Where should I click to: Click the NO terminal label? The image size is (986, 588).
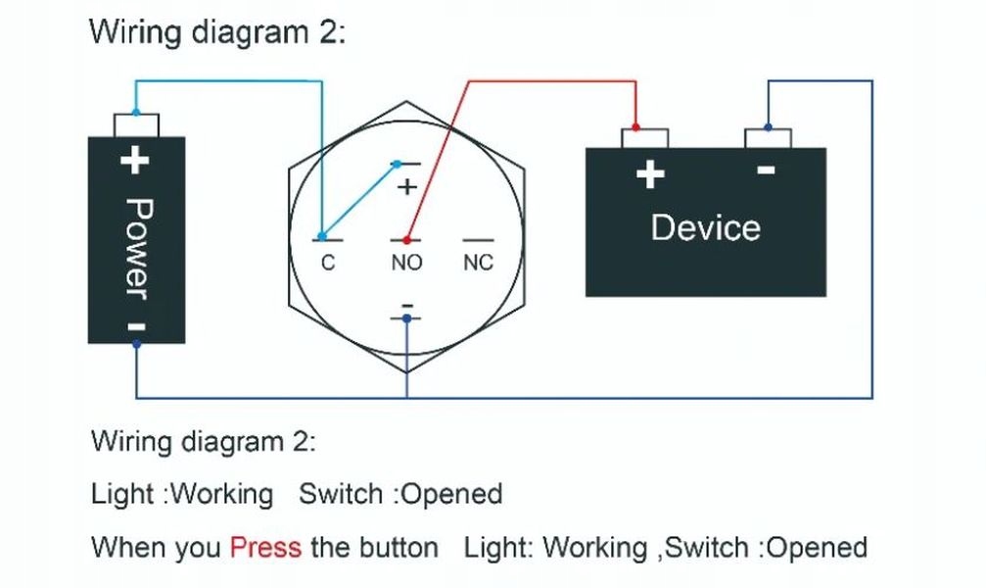406,263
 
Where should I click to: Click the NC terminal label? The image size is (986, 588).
478,263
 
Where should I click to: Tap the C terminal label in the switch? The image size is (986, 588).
328,263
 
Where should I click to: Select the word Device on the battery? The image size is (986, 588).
705,227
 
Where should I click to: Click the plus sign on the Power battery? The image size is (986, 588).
135,159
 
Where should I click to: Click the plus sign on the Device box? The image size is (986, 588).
650,174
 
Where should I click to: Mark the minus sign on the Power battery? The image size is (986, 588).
137,325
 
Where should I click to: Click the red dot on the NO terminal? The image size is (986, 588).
405,238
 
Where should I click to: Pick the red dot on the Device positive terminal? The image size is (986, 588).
635,127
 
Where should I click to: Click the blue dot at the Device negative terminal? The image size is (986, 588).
767,127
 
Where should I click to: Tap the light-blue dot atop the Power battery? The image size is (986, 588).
135,112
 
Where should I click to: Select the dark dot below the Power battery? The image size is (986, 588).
136,344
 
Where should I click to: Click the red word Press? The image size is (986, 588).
265,547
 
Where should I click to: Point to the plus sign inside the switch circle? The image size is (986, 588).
406,186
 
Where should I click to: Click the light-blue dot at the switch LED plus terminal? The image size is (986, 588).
397,164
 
